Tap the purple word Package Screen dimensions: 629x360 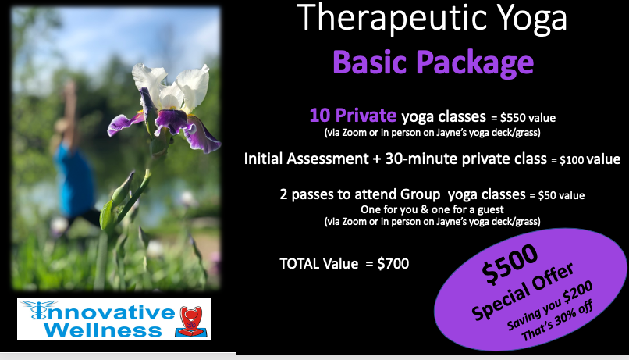click(474, 62)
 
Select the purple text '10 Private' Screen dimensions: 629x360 click(353, 116)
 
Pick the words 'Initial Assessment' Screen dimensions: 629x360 click(306, 159)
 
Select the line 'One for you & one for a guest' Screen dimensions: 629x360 click(432, 209)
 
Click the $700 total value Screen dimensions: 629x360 click(393, 264)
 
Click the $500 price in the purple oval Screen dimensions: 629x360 click(510, 264)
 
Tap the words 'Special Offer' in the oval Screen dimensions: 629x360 click(523, 291)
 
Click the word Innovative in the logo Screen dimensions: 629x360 click(102, 312)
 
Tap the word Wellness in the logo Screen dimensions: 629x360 click(103, 330)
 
